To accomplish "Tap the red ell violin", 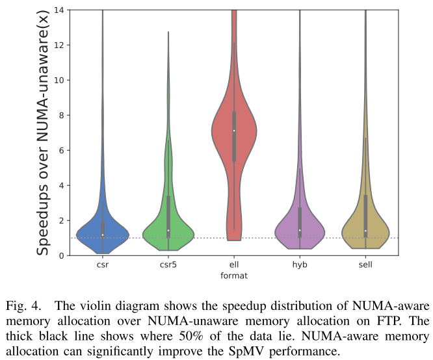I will [x=234, y=130].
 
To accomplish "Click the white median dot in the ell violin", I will [x=234, y=131].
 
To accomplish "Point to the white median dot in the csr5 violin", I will [x=168, y=230].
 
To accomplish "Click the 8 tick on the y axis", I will [x=60, y=115].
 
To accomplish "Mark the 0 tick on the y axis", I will [x=60, y=255].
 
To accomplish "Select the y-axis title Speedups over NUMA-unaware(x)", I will [x=42, y=133].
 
